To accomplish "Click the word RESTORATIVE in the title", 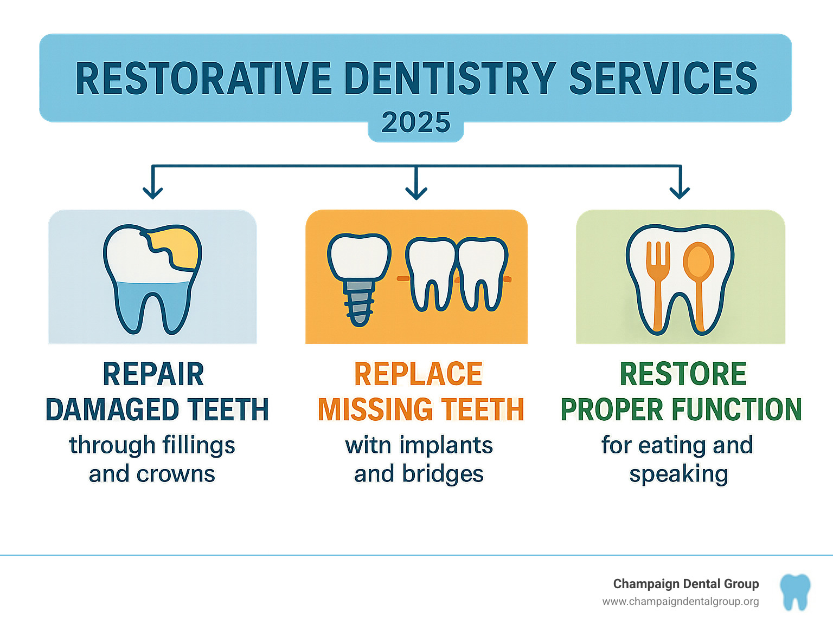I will tap(203, 79).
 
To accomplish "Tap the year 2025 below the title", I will tap(416, 122).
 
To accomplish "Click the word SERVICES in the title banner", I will tap(663, 79).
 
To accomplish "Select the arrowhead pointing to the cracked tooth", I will tap(153, 191).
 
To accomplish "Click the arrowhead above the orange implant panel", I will tap(416, 191).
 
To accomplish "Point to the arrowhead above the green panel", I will tap(680, 191).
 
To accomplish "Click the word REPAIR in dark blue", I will tap(153, 374).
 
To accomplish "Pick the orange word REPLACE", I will tap(418, 374).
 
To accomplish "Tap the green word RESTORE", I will tap(683, 374).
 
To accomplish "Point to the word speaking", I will tap(678, 474).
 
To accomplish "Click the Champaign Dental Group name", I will tap(685, 584).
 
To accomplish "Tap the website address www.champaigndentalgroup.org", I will tap(680, 602).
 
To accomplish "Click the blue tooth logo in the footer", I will tap(795, 592).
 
